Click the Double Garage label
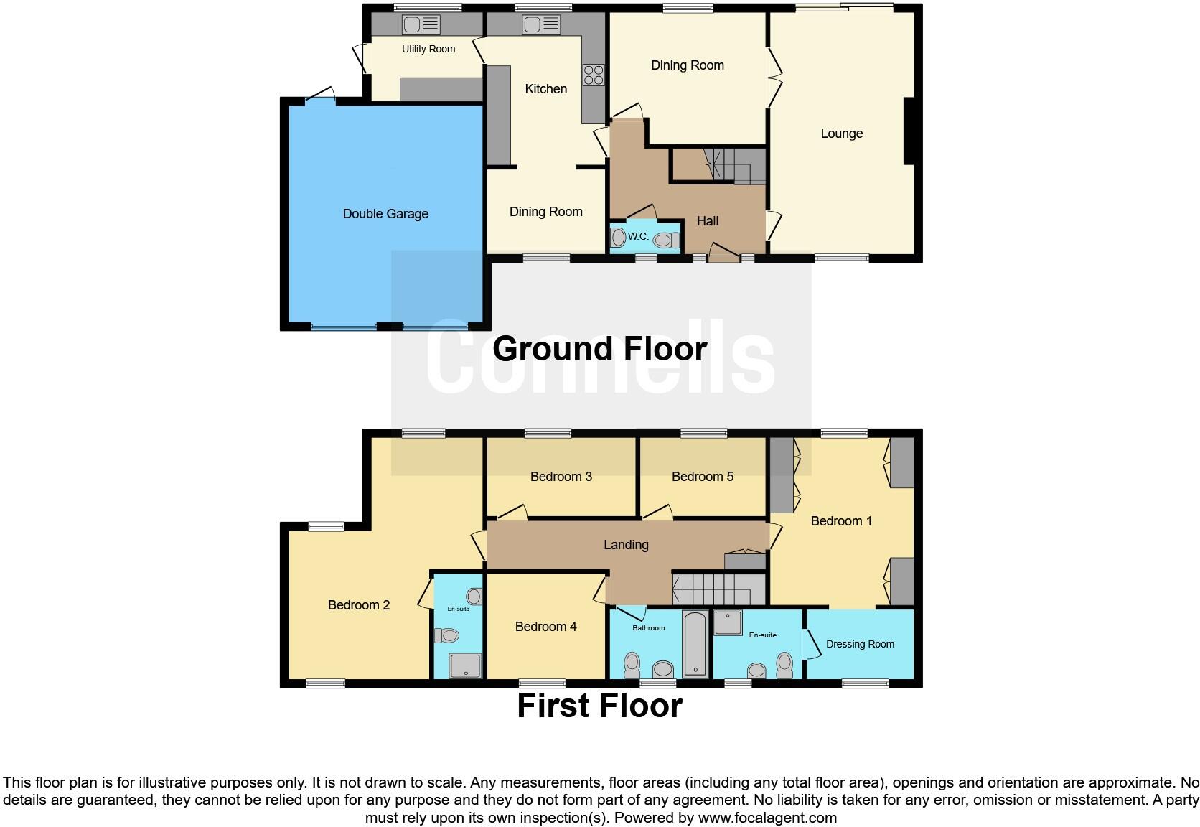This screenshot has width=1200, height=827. pos(385,214)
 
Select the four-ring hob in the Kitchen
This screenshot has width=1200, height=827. pos(593,75)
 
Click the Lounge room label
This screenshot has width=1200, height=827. pos(841,134)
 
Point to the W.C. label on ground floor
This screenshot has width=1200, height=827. pos(638,236)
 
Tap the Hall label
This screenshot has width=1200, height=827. pos(707,221)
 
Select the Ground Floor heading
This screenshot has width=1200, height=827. pos(599,349)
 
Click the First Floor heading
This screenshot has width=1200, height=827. pos(599,706)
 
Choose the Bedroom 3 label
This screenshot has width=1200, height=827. pos(561,477)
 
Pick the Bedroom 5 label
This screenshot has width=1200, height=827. pos(702,477)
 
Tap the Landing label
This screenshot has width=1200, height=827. pos(626,545)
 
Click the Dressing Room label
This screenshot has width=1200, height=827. pos(860,644)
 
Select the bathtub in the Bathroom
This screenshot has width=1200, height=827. pos(695,643)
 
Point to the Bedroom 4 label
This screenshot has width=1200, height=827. pos(545,627)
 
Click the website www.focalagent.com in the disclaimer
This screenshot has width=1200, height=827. pos(767,818)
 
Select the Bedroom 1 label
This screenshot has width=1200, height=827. pos(841,521)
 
